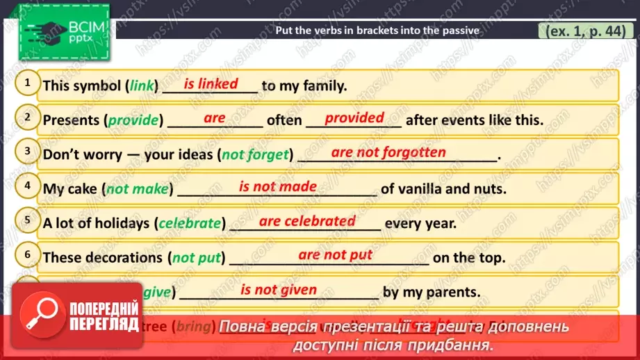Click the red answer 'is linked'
click(211, 84)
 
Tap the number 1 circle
click(28, 84)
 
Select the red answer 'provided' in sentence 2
click(354, 118)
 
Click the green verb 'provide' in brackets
click(133, 120)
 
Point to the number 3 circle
click(28, 152)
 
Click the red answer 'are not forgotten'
click(388, 152)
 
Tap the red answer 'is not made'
click(278, 186)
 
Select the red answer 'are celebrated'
click(307, 221)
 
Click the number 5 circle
click(28, 220)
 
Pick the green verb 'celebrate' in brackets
click(190, 224)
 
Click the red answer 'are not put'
click(336, 255)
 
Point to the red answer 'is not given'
click(279, 290)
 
